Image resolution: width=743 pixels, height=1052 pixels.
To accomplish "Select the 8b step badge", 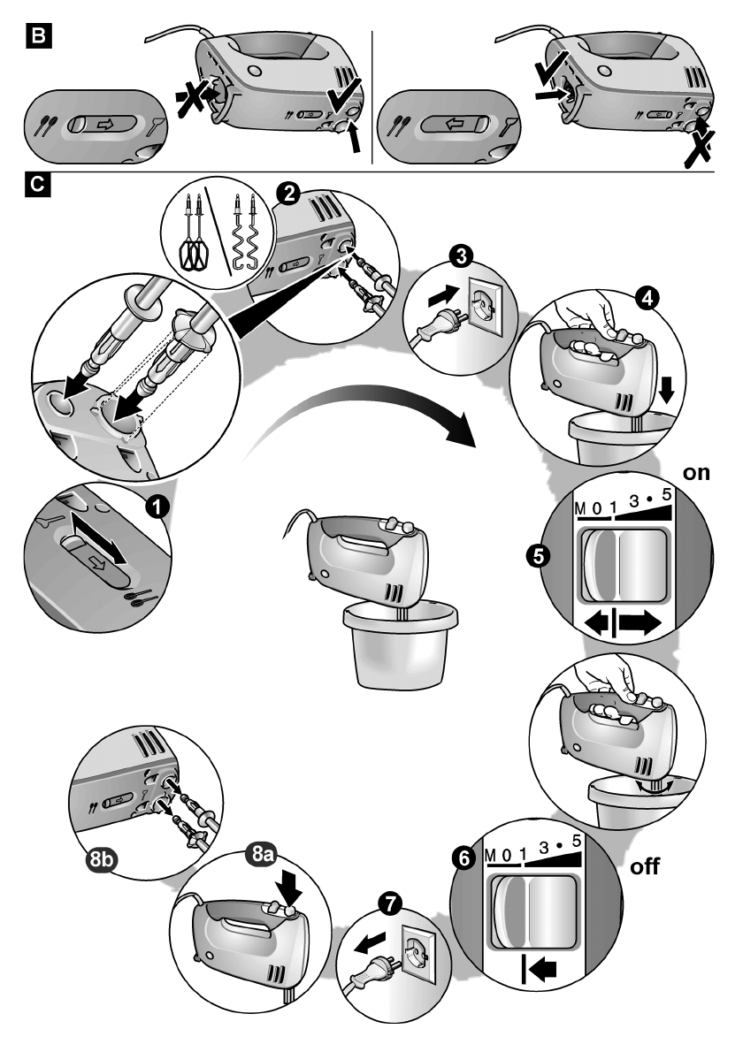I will pos(96,856).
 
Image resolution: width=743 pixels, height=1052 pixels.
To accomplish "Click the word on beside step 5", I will pos(697,472).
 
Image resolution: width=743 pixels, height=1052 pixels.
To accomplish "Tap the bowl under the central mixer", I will pos(399,646).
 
